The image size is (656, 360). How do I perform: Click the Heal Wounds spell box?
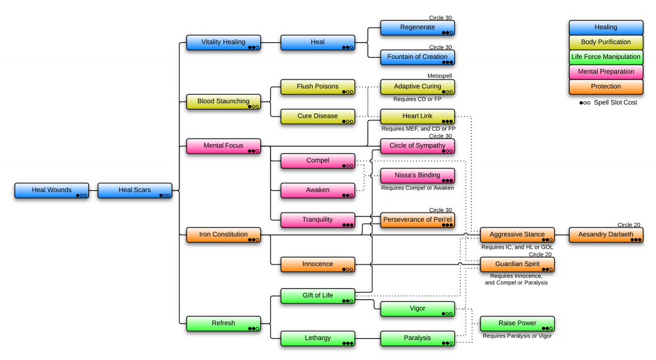click(52, 190)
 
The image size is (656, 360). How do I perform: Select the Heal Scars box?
click(135, 190)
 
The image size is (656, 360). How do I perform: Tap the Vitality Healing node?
click(224, 42)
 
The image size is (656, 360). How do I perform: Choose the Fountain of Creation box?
click(418, 57)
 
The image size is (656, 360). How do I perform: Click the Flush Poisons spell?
click(318, 86)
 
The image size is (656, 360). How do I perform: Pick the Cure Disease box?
click(318, 117)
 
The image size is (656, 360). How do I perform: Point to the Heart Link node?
click(418, 117)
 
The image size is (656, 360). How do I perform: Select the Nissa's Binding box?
click(418, 176)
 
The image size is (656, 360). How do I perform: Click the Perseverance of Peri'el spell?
click(418, 220)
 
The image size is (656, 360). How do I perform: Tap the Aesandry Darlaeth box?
click(606, 234)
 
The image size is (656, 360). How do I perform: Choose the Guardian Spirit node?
click(518, 264)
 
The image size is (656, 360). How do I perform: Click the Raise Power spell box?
click(518, 323)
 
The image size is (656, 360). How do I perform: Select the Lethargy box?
click(318, 338)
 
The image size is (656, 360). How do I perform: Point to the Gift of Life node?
click(318, 296)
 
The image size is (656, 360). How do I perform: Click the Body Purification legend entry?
click(606, 42)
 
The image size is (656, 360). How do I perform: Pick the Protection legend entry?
click(606, 86)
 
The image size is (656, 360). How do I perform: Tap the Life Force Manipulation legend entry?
click(606, 57)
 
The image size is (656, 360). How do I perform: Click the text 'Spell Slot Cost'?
click(614, 102)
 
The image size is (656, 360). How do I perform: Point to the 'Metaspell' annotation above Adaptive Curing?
click(440, 76)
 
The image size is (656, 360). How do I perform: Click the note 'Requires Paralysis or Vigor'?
click(517, 336)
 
